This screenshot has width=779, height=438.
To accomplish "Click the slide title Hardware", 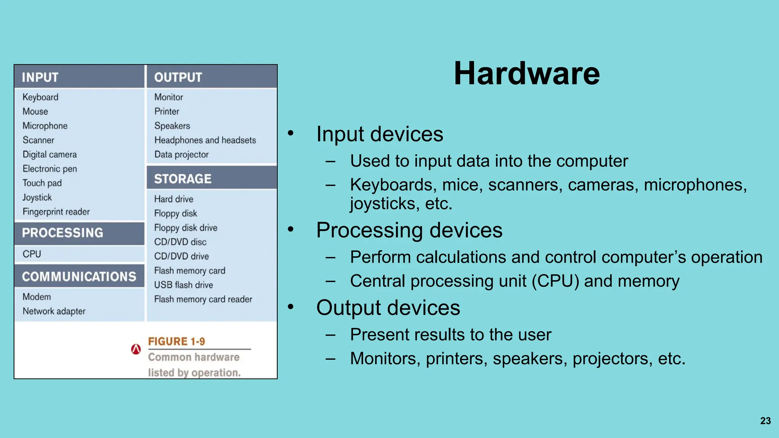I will (x=526, y=73).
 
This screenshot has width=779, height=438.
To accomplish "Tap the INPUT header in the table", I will (x=40, y=77).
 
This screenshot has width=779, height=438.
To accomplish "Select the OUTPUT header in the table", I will (x=178, y=77).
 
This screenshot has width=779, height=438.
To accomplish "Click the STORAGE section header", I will (x=183, y=179).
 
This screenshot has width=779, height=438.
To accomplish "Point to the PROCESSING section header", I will (x=63, y=233).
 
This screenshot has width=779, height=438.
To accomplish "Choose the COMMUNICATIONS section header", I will (x=79, y=276).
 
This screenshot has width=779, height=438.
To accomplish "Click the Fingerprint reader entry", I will (x=56, y=212).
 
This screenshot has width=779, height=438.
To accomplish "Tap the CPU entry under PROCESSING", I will (x=32, y=254).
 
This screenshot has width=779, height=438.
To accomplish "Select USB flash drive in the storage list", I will (x=183, y=285).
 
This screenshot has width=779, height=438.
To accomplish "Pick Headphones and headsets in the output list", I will (x=205, y=140).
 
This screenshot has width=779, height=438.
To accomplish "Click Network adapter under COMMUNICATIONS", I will (x=54, y=311).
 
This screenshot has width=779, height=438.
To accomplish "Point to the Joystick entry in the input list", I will (x=37, y=197).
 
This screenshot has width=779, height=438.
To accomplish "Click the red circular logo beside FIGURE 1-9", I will (x=136, y=349).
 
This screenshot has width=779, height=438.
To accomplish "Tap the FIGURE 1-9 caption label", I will (x=176, y=341).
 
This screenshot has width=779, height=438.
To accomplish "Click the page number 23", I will (x=765, y=421).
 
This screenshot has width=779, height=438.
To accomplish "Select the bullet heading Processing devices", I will (x=409, y=230).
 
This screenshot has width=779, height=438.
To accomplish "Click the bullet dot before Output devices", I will (x=291, y=306).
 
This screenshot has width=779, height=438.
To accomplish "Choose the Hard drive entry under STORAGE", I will (x=173, y=199).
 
